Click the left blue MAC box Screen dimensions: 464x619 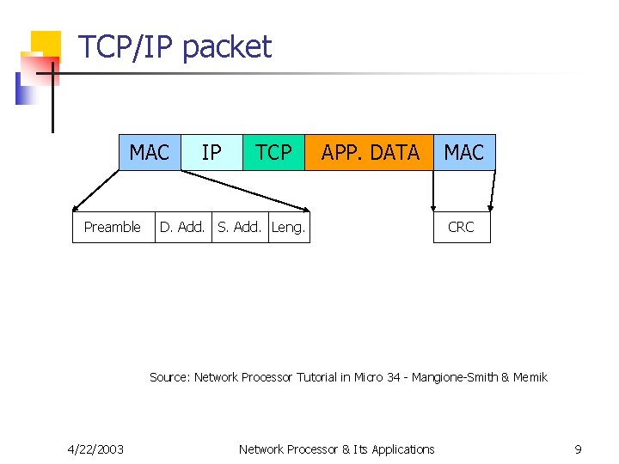click(150, 153)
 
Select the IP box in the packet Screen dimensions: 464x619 click(211, 153)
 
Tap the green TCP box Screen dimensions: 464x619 click(273, 153)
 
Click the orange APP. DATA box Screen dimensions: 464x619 click(370, 153)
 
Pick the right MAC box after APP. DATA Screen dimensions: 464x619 click(464, 153)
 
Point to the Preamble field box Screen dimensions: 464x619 click(113, 227)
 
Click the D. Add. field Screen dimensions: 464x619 click(182, 227)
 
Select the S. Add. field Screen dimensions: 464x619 click(240, 227)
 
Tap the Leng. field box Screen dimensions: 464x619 click(289, 227)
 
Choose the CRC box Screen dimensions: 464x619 click(461, 227)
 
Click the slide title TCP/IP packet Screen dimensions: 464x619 click(175, 46)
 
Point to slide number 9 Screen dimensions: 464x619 click(579, 449)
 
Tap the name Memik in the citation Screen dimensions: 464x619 click(530, 377)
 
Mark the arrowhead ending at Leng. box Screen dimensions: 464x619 click(305, 209)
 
